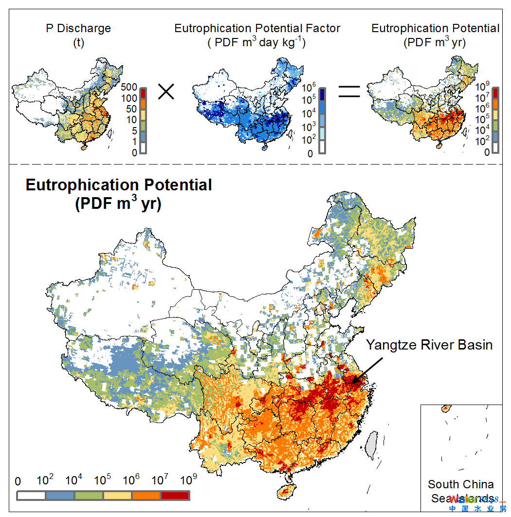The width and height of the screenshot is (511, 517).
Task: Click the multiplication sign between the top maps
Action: tap(166, 92)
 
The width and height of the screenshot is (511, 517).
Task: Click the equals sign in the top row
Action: tap(349, 92)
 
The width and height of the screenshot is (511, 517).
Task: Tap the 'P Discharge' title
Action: tap(78, 28)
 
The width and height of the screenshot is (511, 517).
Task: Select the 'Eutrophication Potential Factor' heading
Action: tap(258, 28)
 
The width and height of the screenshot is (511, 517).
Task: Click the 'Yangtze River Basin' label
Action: tap(429, 345)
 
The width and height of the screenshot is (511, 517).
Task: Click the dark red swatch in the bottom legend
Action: tap(175, 496)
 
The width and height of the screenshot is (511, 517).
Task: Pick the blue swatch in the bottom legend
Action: tap(60, 496)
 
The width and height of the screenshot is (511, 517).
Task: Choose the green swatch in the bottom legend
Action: tap(89, 496)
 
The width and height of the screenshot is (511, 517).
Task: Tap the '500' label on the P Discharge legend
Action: tap(129, 88)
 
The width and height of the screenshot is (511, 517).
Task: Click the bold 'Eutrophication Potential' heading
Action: tap(119, 185)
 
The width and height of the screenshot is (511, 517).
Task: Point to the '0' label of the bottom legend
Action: tap(18, 481)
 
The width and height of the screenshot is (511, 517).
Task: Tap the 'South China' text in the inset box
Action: tap(460, 484)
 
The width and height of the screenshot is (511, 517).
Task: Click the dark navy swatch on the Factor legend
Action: tap(322, 93)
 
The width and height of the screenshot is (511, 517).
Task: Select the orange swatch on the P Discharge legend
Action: tap(143, 104)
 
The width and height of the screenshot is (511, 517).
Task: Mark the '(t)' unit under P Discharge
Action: tap(78, 42)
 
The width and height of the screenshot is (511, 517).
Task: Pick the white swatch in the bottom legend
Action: tap(32, 496)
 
